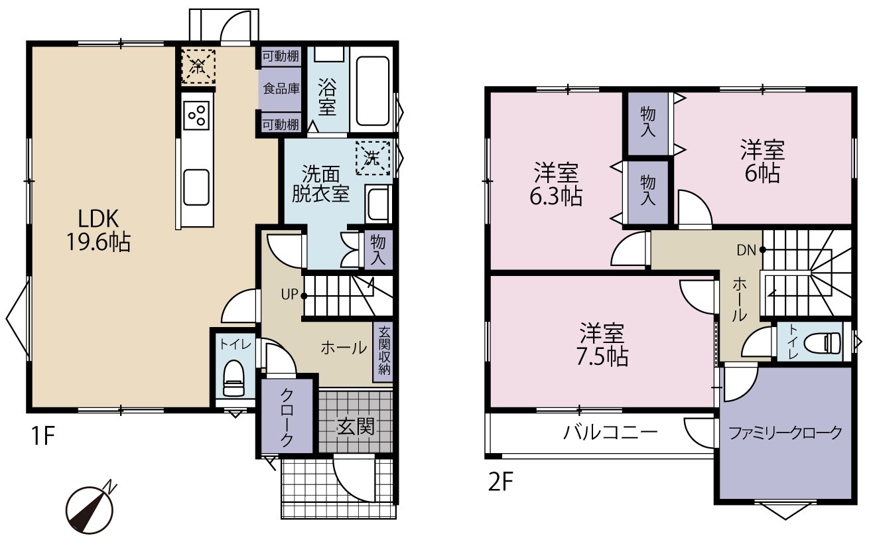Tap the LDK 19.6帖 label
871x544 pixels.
tap(98, 230)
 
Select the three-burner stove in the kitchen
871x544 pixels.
tap(196, 115)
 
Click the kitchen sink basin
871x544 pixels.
tap(196, 188)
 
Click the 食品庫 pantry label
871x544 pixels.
tap(281, 89)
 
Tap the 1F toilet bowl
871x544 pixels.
tap(234, 378)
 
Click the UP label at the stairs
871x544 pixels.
tap(289, 295)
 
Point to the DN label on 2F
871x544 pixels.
tap(746, 250)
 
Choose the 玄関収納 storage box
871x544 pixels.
tap(383, 352)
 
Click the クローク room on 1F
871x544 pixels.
tap(287, 416)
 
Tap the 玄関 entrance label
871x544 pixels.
tap(356, 427)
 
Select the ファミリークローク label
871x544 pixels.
tap(785, 433)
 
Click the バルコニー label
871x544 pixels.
tap(610, 432)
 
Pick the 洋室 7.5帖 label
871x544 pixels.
tap(602, 344)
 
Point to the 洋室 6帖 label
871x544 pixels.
tap(762, 161)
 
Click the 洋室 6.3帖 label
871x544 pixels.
tap(556, 184)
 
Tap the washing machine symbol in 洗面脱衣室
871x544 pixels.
tap(373, 159)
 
